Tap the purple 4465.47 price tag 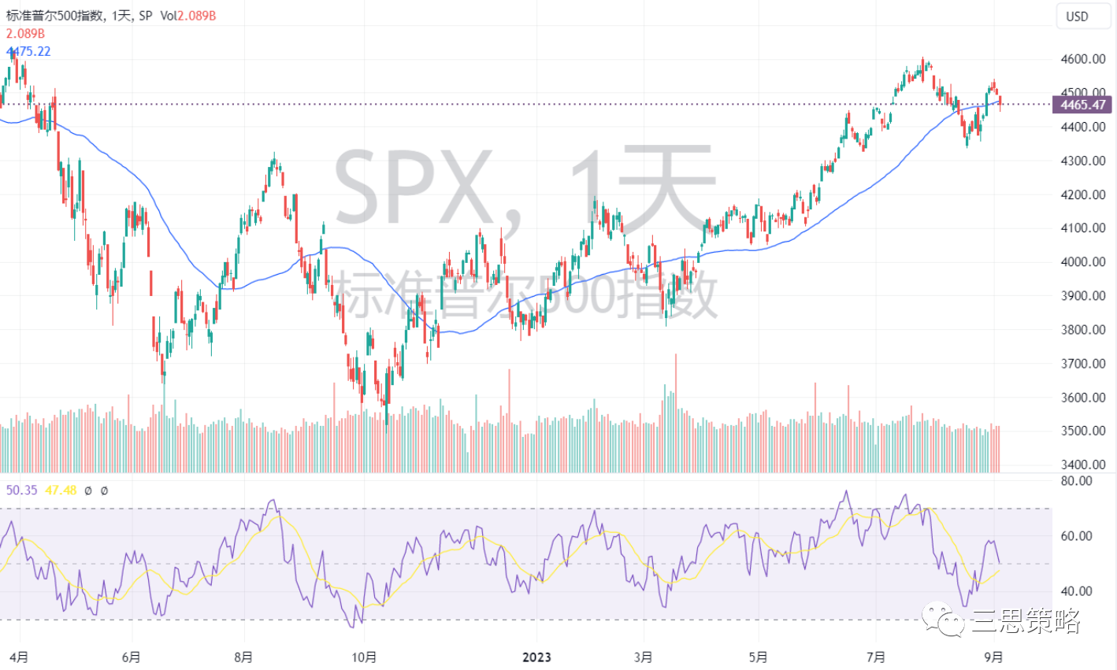[x=1082, y=105]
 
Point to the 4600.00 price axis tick [x=1083, y=59]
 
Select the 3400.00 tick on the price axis [x=1083, y=465]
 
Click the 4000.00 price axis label [x=1083, y=261]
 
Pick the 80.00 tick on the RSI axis [x=1076, y=481]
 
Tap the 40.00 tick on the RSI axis [x=1076, y=591]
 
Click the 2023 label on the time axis [x=536, y=657]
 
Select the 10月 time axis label [x=364, y=657]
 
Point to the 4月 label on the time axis [x=19, y=657]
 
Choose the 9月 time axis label [x=993, y=657]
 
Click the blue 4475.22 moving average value [x=28, y=51]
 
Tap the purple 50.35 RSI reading [x=21, y=490]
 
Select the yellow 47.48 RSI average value [x=61, y=490]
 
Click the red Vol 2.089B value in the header [x=196, y=16]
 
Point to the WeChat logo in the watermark [x=943, y=619]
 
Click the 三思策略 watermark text [x=1026, y=621]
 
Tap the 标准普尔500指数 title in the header [x=54, y=16]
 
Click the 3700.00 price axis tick [x=1083, y=364]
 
